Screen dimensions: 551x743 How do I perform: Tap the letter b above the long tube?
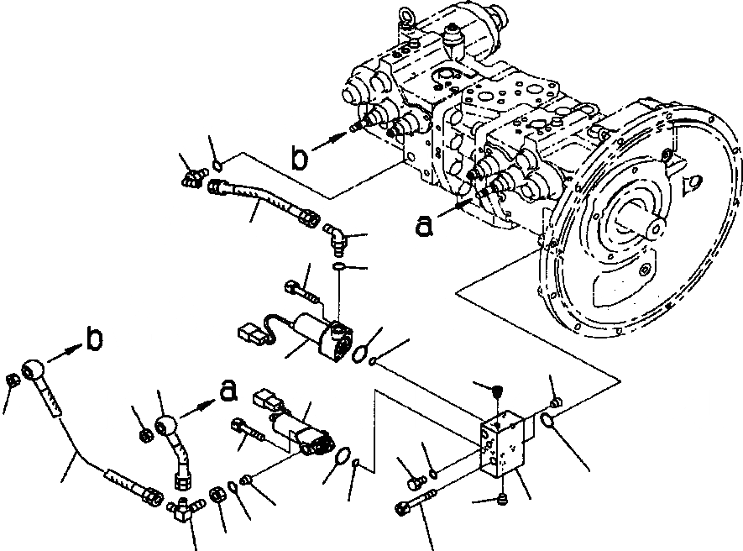point(96,339)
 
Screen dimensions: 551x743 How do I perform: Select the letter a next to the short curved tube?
point(227,390)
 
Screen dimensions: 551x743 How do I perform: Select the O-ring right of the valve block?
point(547,420)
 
